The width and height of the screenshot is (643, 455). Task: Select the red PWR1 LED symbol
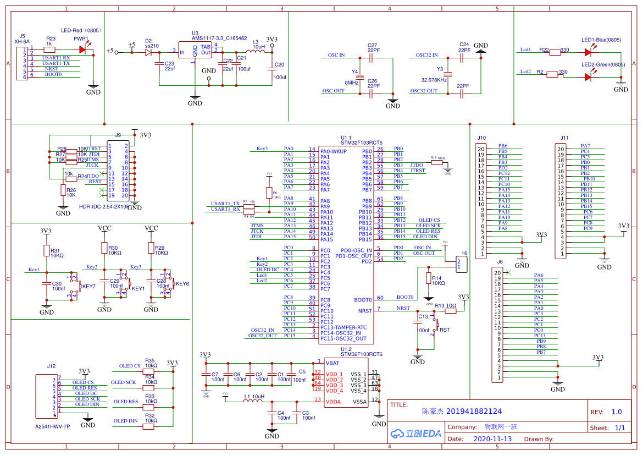82,49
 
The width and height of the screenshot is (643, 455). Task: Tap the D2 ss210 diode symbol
148,53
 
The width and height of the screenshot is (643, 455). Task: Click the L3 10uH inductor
255,51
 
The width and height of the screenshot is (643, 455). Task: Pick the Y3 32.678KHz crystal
447,74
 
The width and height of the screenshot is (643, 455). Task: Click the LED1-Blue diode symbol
588,52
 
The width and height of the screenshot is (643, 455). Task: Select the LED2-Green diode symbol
588,77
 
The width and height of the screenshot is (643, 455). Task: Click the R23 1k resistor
49,49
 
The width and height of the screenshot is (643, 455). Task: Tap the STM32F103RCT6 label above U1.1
361,143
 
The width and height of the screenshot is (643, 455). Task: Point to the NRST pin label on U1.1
365,311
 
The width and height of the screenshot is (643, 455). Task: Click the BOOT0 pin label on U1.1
364,300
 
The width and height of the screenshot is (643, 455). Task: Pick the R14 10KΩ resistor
429,278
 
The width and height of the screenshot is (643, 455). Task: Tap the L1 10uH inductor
253,401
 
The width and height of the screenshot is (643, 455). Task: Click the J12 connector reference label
51,366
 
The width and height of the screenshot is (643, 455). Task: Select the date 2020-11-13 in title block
492,439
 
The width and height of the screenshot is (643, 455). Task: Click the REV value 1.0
617,412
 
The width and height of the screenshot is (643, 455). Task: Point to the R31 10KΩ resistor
47,251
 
